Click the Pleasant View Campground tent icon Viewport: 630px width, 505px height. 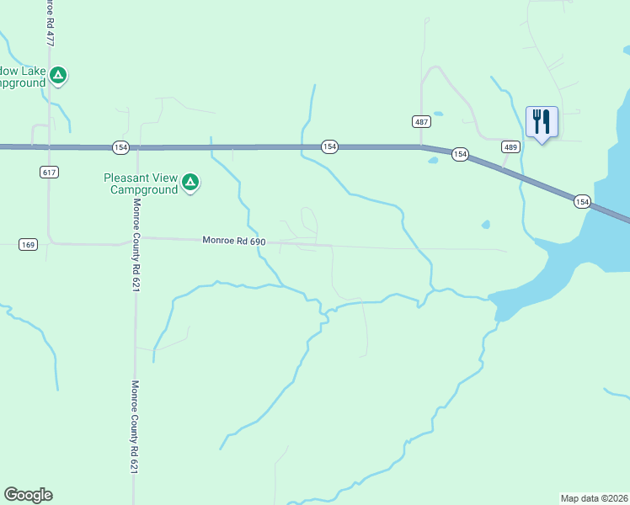pyautogui.click(x=190, y=181)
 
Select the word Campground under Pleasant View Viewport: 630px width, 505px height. pyautogui.click(x=144, y=189)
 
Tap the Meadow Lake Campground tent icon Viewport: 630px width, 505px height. pyautogui.click(x=57, y=76)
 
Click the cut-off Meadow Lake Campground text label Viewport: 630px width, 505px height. pyautogui.click(x=22, y=77)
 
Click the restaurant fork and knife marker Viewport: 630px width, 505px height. pyautogui.click(x=541, y=122)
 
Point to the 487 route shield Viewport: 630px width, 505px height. pyautogui.click(x=422, y=121)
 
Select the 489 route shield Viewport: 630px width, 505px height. pyautogui.click(x=510, y=146)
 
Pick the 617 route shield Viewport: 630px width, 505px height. pyautogui.click(x=49, y=172)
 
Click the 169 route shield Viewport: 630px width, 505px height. pyautogui.click(x=29, y=245)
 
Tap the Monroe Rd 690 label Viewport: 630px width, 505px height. pyautogui.click(x=233, y=241)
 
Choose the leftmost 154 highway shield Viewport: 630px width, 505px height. pyautogui.click(x=120, y=147)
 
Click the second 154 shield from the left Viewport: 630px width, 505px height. pyautogui.click(x=329, y=146)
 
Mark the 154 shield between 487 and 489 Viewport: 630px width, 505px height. pyautogui.click(x=460, y=154)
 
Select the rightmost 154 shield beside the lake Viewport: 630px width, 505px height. pyautogui.click(x=582, y=201)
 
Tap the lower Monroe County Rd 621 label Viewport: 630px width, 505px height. pyautogui.click(x=133, y=428)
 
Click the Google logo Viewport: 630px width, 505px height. pyautogui.click(x=28, y=495)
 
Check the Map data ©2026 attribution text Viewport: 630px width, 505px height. pyautogui.click(x=594, y=498)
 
